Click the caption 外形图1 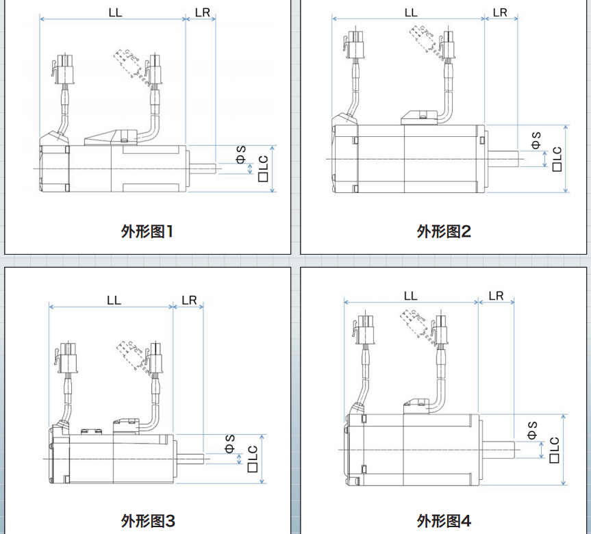[x=148, y=231]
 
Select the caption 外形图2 [x=444, y=231]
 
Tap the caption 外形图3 [x=148, y=521]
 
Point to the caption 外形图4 [x=444, y=521]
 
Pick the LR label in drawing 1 [x=202, y=12]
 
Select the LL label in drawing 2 [x=410, y=12]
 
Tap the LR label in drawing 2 [x=501, y=12]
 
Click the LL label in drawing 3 [x=113, y=301]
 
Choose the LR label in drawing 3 [x=189, y=301]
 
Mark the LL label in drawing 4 [x=410, y=296]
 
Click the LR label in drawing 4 [x=496, y=296]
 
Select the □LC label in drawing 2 [x=556, y=159]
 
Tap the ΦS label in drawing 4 [x=532, y=430]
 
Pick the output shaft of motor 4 [x=501, y=449]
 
